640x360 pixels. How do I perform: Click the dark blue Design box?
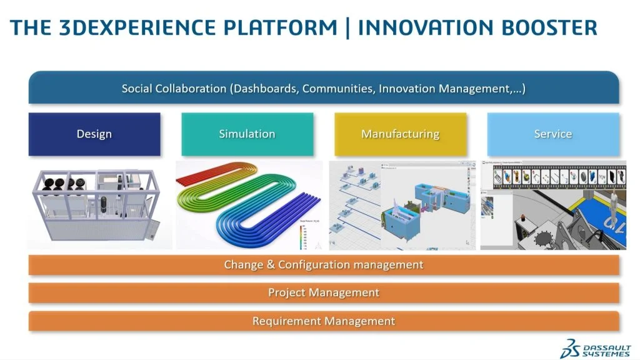click(x=94, y=134)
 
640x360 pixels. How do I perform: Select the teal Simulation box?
click(x=247, y=134)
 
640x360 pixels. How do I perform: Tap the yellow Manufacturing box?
click(x=400, y=134)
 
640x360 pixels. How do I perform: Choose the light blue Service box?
click(x=553, y=134)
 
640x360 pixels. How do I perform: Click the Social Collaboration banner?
click(x=324, y=88)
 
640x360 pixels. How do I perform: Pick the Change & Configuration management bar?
click(x=324, y=265)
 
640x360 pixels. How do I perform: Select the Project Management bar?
click(x=324, y=292)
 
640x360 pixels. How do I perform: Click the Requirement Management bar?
click(x=324, y=321)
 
